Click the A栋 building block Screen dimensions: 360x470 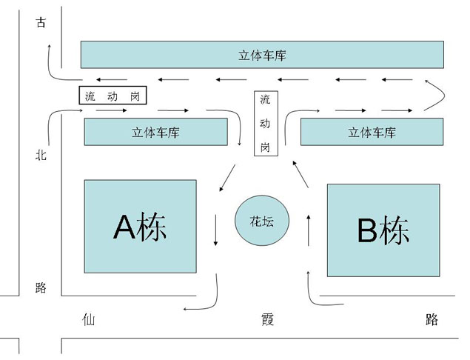(x=140, y=226)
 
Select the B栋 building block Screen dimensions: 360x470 (x=383, y=230)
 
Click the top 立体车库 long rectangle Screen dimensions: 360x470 (x=262, y=55)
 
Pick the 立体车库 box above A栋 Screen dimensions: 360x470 (x=155, y=133)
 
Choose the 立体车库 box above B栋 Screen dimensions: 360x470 (x=372, y=133)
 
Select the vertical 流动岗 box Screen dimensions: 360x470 (x=264, y=123)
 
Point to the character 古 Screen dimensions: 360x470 (x=41, y=23)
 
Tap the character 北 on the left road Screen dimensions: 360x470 (x=41, y=156)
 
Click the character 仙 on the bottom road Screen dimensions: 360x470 (x=90, y=319)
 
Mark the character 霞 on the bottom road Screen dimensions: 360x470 (x=267, y=319)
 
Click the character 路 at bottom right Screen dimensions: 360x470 (x=433, y=319)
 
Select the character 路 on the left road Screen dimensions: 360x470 (x=41, y=288)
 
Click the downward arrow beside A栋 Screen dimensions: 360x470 (x=215, y=230)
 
